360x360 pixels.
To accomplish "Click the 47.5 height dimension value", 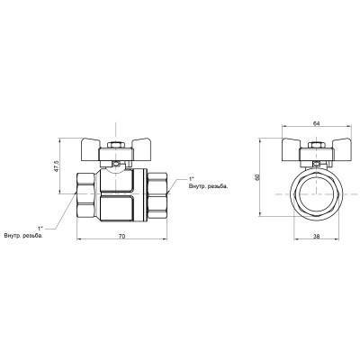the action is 55,166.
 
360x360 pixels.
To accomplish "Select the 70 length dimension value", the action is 121,236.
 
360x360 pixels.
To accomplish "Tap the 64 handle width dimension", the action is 316,123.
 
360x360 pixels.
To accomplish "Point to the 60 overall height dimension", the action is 256,177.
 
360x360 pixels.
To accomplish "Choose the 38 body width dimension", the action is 316,237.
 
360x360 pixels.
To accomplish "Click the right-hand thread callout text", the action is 208,186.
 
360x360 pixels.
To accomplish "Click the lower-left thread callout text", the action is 23,236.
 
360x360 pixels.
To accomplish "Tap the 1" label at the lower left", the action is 40,229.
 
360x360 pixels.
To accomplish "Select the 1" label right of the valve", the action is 192,178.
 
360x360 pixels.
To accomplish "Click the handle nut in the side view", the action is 116,145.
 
